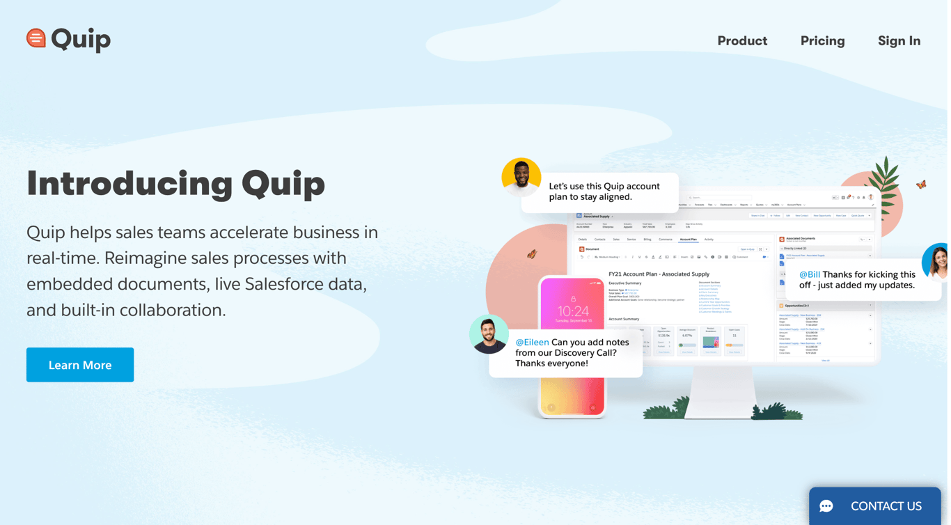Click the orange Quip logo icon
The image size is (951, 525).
click(x=36, y=38)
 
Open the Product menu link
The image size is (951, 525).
click(x=742, y=41)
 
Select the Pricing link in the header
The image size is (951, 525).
click(x=822, y=41)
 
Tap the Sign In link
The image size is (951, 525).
click(x=899, y=41)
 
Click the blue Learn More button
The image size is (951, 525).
click(x=80, y=365)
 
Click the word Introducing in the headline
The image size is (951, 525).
click(x=129, y=184)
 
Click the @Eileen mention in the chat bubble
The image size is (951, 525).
click(x=532, y=343)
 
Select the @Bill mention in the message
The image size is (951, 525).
click(x=809, y=274)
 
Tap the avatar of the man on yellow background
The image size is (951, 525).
click(x=521, y=178)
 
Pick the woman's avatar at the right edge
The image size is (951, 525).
click(x=936, y=262)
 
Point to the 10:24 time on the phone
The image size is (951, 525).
click(x=573, y=311)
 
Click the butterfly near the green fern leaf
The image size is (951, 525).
click(x=921, y=185)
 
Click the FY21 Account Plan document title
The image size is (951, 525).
click(x=659, y=274)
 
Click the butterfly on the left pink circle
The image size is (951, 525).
click(x=532, y=254)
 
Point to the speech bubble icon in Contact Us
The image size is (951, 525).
click(x=826, y=506)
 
